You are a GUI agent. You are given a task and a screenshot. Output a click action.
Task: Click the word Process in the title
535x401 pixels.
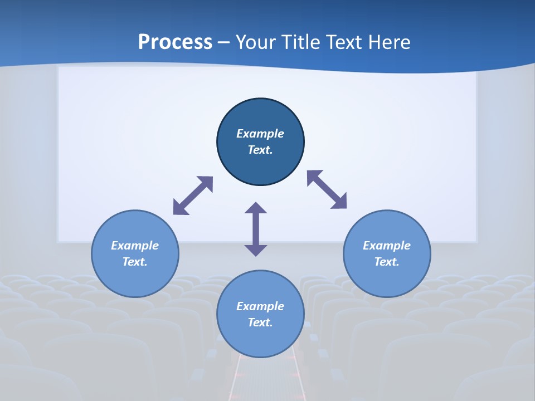click(x=175, y=42)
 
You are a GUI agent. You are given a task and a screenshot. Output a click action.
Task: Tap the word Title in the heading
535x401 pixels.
click(x=304, y=42)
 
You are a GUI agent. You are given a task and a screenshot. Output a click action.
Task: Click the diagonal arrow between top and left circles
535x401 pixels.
click(x=193, y=195)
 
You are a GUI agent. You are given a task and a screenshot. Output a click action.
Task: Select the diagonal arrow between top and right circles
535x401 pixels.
click(x=327, y=189)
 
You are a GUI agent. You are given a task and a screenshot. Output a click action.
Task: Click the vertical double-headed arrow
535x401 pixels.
click(x=256, y=229)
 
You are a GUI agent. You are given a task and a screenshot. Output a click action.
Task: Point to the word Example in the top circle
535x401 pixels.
click(x=260, y=134)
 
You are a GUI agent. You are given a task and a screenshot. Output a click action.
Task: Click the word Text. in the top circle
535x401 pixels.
click(x=260, y=150)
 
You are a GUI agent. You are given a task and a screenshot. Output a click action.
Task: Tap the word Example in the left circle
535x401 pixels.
click(x=135, y=246)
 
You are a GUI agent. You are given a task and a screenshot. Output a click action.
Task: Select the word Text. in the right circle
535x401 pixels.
click(x=387, y=262)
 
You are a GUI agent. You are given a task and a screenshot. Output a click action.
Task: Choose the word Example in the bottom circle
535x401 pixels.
click(x=260, y=306)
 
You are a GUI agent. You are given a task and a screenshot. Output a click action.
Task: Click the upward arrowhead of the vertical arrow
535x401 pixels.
click(x=256, y=208)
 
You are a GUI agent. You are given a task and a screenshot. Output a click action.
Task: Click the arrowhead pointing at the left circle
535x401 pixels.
click(x=180, y=208)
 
